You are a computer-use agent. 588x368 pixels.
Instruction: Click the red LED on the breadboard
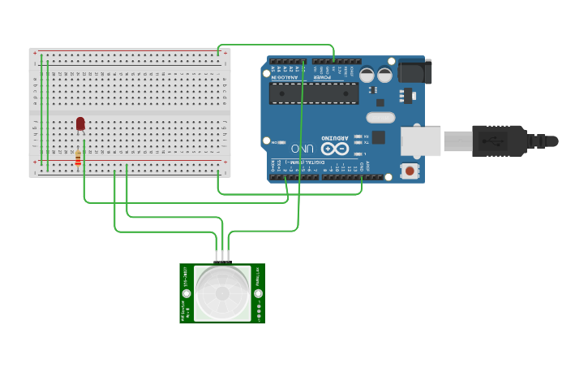[80, 123]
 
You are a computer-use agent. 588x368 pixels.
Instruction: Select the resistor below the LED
[78, 158]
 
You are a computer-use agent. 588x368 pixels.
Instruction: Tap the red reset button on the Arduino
[410, 171]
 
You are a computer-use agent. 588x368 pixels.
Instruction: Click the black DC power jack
[414, 71]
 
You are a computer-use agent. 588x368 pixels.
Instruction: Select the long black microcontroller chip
[314, 93]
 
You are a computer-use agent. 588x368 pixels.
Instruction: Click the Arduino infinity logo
[336, 149]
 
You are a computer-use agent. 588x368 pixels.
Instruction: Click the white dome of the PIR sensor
[221, 292]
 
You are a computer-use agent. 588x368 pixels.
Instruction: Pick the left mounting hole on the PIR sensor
[187, 293]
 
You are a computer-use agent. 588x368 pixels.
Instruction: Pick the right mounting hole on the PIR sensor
[258, 293]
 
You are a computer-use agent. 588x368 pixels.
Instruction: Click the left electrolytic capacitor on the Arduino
[367, 75]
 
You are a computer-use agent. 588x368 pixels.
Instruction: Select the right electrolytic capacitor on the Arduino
[385, 75]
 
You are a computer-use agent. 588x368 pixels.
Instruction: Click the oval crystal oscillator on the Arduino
[380, 117]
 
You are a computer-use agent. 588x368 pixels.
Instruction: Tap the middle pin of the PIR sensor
[221, 256]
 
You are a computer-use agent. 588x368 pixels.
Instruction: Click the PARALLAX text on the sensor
[258, 275]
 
